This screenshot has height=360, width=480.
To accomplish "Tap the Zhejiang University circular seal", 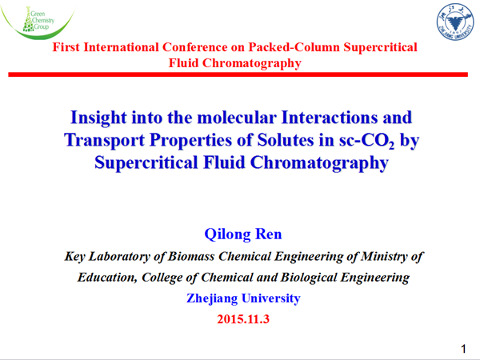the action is click(454, 22).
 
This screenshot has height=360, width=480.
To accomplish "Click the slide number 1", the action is click(463, 349).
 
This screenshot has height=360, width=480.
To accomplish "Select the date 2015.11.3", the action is click(243, 319).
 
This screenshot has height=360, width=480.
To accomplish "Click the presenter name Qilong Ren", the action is click(243, 234).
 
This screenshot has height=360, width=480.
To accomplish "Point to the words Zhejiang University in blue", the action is click(243, 298).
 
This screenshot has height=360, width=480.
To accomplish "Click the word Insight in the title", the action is click(98, 118).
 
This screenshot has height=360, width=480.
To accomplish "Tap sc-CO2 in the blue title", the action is click(366, 141).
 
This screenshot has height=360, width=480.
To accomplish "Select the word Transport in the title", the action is click(104, 141).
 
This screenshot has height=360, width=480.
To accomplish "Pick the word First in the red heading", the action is click(66, 47).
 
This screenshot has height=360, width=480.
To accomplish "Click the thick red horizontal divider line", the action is click(238, 74).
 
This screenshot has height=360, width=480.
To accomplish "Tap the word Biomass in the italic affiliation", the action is click(191, 256).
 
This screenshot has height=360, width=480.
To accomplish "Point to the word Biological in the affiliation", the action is click(309, 278).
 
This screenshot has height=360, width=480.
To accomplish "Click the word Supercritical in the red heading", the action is click(380, 47).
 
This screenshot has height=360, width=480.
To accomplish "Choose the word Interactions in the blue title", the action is click(330, 118).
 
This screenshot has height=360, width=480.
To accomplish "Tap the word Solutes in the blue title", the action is click(286, 141).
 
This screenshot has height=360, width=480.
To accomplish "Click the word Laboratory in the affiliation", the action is click(119, 256).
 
